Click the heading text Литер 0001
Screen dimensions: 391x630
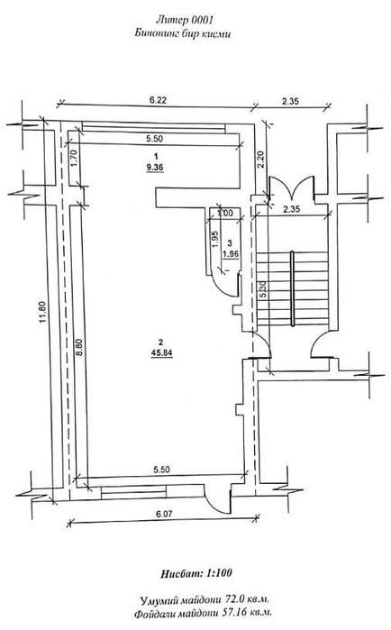coord(184,20)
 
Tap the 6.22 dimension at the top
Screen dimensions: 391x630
coord(158,100)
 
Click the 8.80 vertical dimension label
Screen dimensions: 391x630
coord(79,348)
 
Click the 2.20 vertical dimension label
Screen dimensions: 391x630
coord(261,160)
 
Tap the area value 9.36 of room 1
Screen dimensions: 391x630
coord(155,168)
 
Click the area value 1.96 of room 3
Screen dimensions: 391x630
coord(230,253)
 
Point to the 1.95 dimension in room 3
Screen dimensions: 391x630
coord(214,239)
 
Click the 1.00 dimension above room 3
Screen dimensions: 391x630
coord(225,214)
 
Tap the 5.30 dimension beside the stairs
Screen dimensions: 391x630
coord(263,288)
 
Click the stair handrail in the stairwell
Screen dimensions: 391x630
coord(293,288)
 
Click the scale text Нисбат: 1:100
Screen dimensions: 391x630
coord(195,573)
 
